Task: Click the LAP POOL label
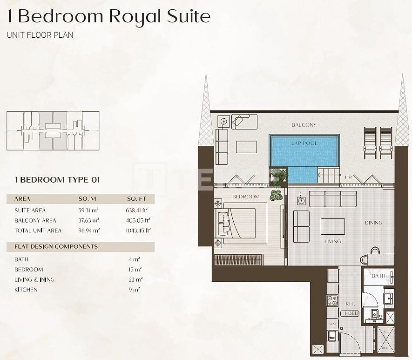coord(304,143)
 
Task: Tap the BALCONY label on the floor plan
coord(304,125)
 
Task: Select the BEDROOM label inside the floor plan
coord(246,197)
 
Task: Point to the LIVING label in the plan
coord(332,241)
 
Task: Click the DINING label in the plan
coord(373,223)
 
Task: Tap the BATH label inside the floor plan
coord(378,276)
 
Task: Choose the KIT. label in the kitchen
coord(350,303)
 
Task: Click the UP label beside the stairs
coord(348,177)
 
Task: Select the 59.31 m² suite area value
coord(88,210)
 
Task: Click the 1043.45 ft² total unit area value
coord(138,231)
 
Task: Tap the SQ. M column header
coord(87,199)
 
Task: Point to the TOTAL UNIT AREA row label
coord(38,231)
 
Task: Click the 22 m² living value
coord(136,279)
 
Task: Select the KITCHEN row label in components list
coord(26,290)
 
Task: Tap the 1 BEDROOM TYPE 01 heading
coord(57,179)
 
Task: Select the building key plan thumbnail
coord(53,131)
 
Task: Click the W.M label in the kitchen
coord(332,323)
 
